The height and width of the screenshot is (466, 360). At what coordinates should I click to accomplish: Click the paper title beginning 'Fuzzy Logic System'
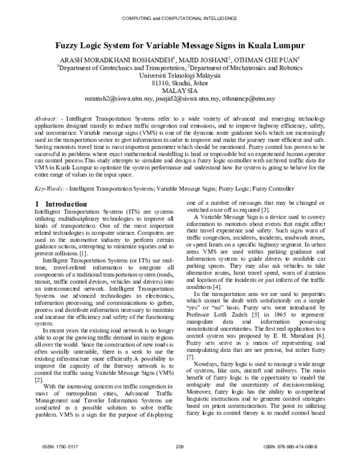(180, 46)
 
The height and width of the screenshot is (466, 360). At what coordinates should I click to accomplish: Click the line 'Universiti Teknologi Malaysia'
(180, 77)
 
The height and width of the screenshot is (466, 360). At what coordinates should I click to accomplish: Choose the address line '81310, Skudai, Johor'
(180, 86)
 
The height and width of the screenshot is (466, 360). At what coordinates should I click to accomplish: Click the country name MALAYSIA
(180, 94)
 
